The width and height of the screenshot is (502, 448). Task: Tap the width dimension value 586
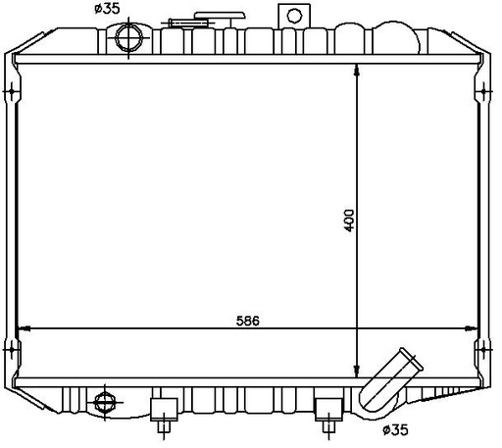[x=248, y=321]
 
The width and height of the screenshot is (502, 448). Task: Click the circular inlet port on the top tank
[x=129, y=38]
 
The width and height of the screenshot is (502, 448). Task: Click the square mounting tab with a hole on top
[x=291, y=17]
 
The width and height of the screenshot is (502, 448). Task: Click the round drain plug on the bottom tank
[x=104, y=401]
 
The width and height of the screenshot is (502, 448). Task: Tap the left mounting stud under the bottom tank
[x=162, y=415]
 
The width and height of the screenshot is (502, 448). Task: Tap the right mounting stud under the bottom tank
[x=326, y=415]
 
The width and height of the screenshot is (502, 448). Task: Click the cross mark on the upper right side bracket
[x=483, y=93]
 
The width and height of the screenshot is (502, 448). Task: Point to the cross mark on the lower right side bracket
[x=483, y=349]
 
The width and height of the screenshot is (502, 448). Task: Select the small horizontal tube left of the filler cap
[x=182, y=23]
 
